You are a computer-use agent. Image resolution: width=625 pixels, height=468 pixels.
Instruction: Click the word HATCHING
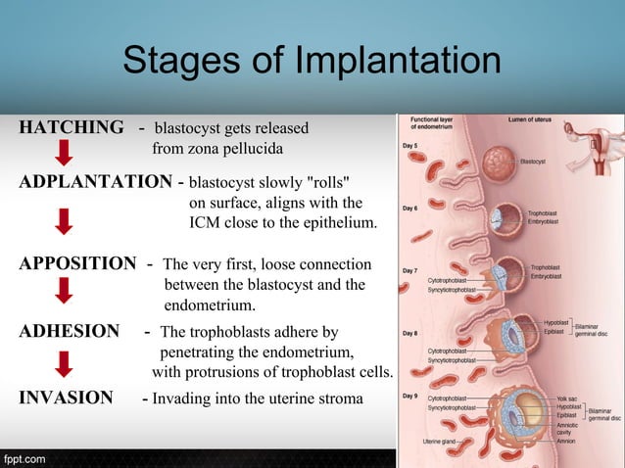pyautogui.click(x=72, y=128)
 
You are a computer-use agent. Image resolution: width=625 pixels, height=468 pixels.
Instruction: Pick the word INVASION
pyautogui.click(x=66, y=398)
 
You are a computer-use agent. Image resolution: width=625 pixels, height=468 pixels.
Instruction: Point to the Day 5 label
pyautogui.click(x=410, y=146)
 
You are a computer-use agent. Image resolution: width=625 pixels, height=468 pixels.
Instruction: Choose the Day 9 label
pyautogui.click(x=410, y=398)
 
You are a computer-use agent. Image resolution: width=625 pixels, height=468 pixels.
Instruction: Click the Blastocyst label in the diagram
pyautogui.click(x=534, y=161)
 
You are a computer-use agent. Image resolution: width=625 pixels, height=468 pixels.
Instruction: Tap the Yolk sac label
pyautogui.click(x=566, y=398)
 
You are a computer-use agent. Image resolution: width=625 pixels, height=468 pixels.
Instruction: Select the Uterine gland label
pyautogui.click(x=440, y=443)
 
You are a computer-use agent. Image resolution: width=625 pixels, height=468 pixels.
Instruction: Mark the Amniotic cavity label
pyautogui.click(x=568, y=427)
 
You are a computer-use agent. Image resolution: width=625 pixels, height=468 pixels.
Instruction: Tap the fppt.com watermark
pyautogui.click(x=24, y=457)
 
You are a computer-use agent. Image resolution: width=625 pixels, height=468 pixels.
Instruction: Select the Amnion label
pyautogui.click(x=565, y=443)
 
